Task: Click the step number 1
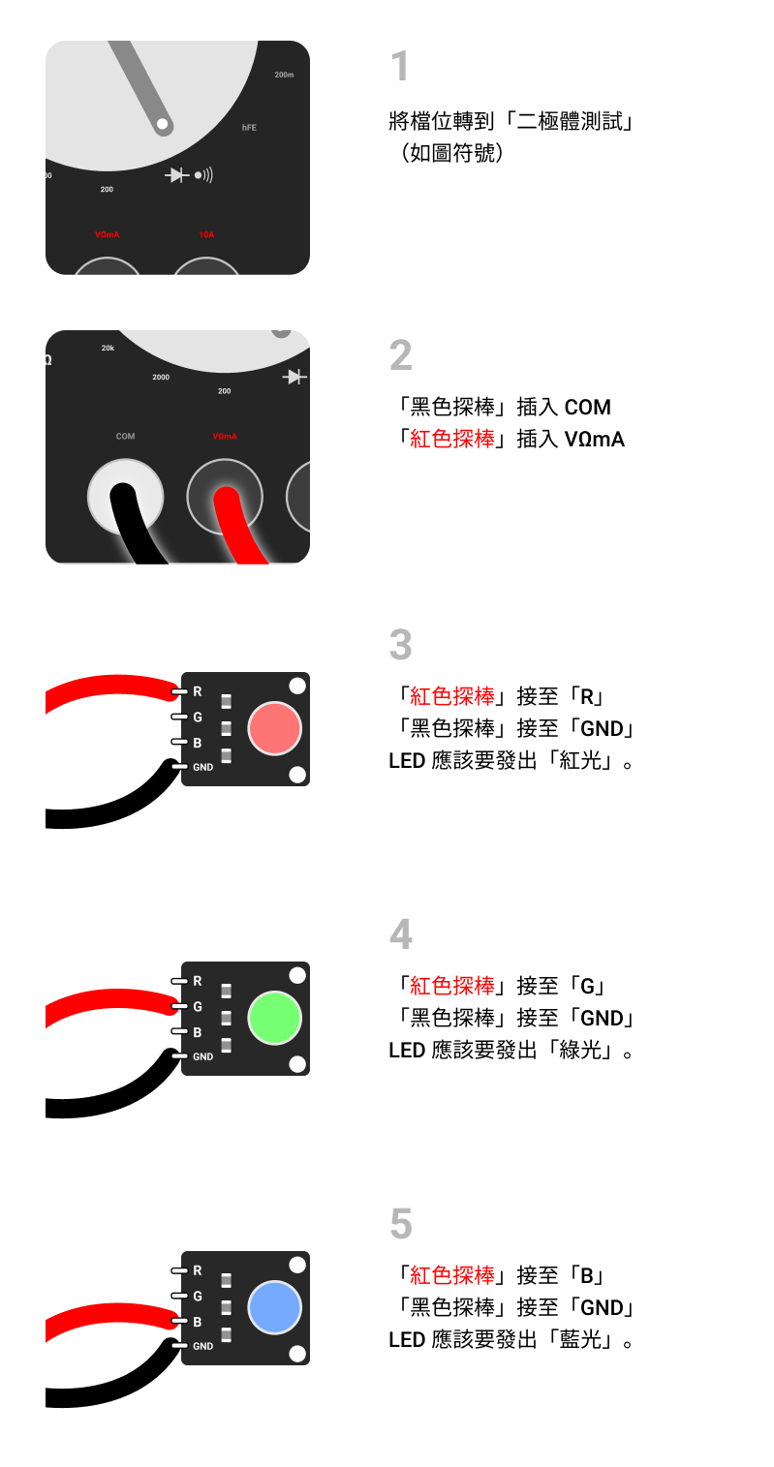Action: coord(400,68)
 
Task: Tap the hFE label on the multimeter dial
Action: coord(249,128)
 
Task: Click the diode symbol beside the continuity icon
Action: coord(177,175)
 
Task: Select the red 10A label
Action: coord(206,234)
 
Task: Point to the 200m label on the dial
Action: coord(284,75)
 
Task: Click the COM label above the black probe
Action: coord(126,437)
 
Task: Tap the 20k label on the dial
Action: coord(108,348)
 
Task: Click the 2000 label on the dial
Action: coord(161,377)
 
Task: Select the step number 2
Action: coord(401,356)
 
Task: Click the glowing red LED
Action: coord(275,729)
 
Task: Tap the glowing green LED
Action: coord(275,1019)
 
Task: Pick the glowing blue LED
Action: coord(275,1308)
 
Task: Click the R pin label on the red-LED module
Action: coord(198,691)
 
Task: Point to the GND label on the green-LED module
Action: coord(202,1056)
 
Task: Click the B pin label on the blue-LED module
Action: coord(198,1322)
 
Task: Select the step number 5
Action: coord(401,1225)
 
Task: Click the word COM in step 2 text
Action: coord(588,408)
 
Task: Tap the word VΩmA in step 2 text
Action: coord(594,440)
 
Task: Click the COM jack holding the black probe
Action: coord(126,497)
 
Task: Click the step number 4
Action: coord(401,935)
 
